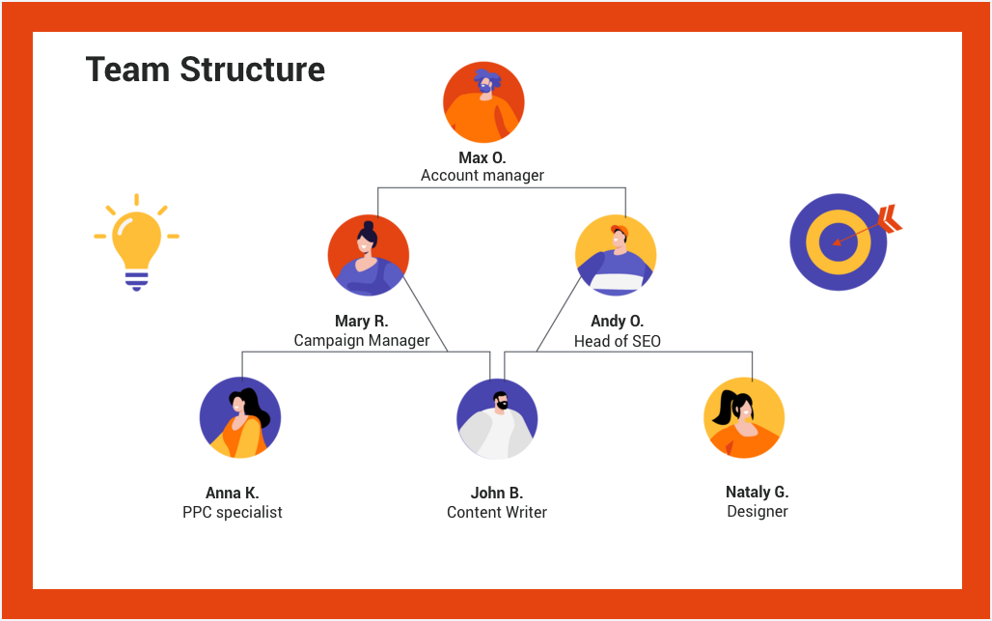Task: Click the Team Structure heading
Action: [205, 70]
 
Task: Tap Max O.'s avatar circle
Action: [483, 102]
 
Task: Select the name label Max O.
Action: [482, 157]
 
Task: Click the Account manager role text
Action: [482, 176]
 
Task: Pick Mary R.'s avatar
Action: [368, 255]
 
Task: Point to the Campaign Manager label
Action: [362, 340]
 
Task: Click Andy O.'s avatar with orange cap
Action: [616, 255]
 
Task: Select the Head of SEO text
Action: [617, 341]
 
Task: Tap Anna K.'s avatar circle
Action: [240, 417]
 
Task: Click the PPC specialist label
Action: [233, 512]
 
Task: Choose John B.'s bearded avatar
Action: [497, 418]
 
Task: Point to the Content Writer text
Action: [497, 512]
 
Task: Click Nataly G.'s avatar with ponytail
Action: [744, 418]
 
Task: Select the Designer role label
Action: [758, 511]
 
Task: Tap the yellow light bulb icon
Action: [136, 241]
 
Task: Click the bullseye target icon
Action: [837, 241]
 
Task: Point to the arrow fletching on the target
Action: [891, 219]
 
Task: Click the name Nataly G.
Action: [758, 493]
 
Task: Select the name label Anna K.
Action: [233, 494]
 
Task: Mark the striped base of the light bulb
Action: [136, 280]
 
